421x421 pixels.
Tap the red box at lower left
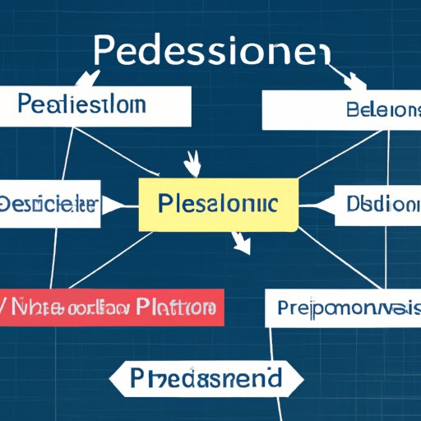tap(111, 308)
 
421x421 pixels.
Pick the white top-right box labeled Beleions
tap(340, 110)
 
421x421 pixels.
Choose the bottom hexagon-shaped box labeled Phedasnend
tap(206, 378)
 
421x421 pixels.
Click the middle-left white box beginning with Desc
tap(49, 202)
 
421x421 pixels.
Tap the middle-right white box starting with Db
tap(378, 202)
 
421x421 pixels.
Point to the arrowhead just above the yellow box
tap(194, 164)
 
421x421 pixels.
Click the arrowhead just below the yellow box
tap(241, 243)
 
